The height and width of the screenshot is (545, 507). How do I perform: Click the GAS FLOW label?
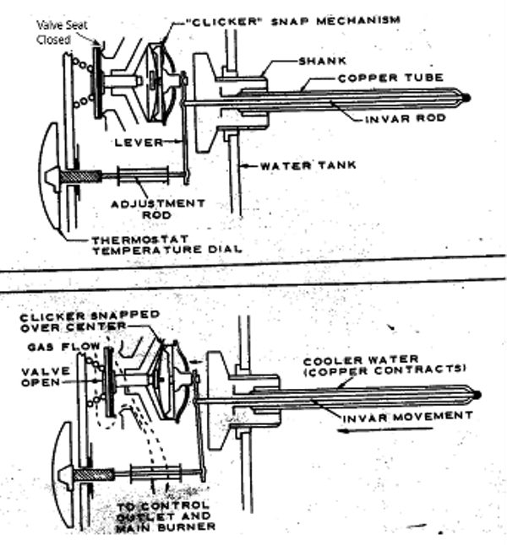point(56,347)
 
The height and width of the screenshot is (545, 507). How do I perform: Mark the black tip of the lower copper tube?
point(479,395)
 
